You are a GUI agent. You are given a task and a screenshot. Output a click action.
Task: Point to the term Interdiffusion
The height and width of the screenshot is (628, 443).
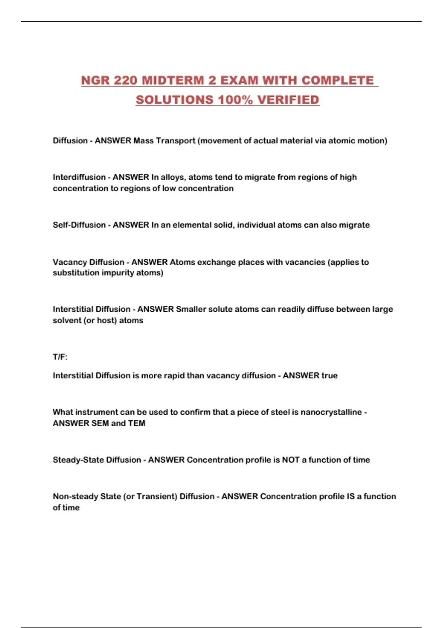click(79, 177)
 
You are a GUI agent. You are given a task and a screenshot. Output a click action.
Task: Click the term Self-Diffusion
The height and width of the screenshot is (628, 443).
click(79, 225)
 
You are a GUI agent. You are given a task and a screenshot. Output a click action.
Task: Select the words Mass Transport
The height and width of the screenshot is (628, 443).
click(164, 141)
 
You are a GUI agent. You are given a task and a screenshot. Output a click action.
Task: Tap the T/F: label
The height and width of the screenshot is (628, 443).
click(60, 357)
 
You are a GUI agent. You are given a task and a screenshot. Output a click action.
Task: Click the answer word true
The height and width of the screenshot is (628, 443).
click(329, 376)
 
